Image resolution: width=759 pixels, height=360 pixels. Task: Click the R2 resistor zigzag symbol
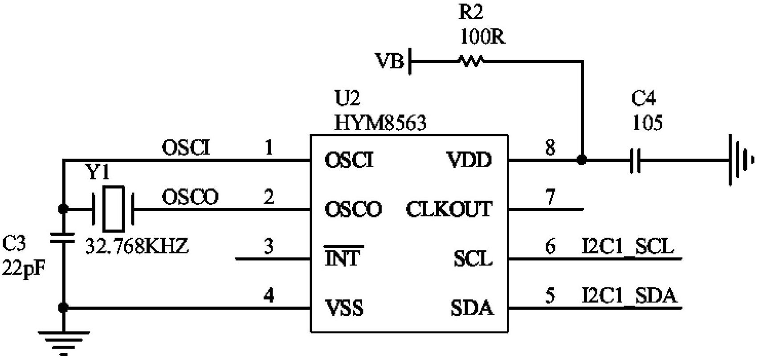pos(471,61)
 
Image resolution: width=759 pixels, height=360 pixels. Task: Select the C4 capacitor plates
pos(636,160)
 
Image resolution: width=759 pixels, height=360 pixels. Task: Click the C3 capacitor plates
pos(63,237)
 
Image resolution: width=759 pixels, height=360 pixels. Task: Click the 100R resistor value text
pos(482,37)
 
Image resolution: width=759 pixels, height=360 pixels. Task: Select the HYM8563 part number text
pos(380,123)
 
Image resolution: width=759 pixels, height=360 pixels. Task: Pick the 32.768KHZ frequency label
pos(137,245)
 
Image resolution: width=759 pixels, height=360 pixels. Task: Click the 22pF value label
pos(23,268)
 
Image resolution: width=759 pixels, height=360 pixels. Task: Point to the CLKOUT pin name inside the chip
pos(449,209)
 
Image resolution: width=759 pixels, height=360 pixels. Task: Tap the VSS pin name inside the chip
pos(344,308)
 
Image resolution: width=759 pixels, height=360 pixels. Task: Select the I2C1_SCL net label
pos(628,246)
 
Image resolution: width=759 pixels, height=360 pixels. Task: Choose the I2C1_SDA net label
pos(629,296)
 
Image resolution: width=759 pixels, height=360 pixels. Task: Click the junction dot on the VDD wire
pos(581,160)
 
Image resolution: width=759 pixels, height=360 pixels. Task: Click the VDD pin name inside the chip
pos(469,160)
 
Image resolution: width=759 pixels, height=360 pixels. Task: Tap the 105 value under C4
pos(647,122)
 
